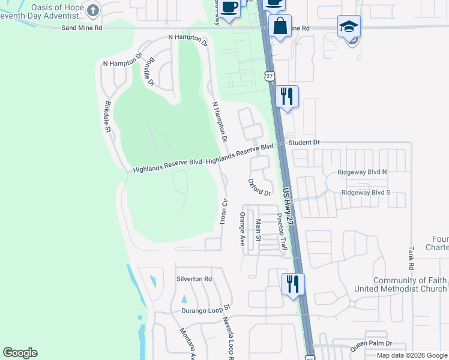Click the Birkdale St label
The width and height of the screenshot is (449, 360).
[x=109, y=116]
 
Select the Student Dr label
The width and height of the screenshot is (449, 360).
[x=304, y=143]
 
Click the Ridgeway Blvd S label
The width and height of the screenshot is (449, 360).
[x=366, y=193]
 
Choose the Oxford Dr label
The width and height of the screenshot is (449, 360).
[x=259, y=187]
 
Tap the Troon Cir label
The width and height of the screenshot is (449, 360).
[x=223, y=211]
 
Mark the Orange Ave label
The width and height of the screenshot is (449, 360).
[x=243, y=229]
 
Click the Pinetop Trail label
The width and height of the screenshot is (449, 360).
[x=281, y=232]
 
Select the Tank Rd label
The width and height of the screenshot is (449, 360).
[x=411, y=257]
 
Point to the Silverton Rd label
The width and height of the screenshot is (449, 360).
[x=194, y=279]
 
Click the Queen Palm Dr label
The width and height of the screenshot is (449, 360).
[x=371, y=343]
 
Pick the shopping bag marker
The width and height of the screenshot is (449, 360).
[x=280, y=26]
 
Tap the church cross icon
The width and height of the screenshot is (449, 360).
[x=93, y=10]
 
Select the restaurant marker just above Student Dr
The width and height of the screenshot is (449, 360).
[x=288, y=96]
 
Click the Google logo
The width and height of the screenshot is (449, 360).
[x=20, y=353]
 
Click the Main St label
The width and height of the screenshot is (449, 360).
[x=259, y=230]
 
